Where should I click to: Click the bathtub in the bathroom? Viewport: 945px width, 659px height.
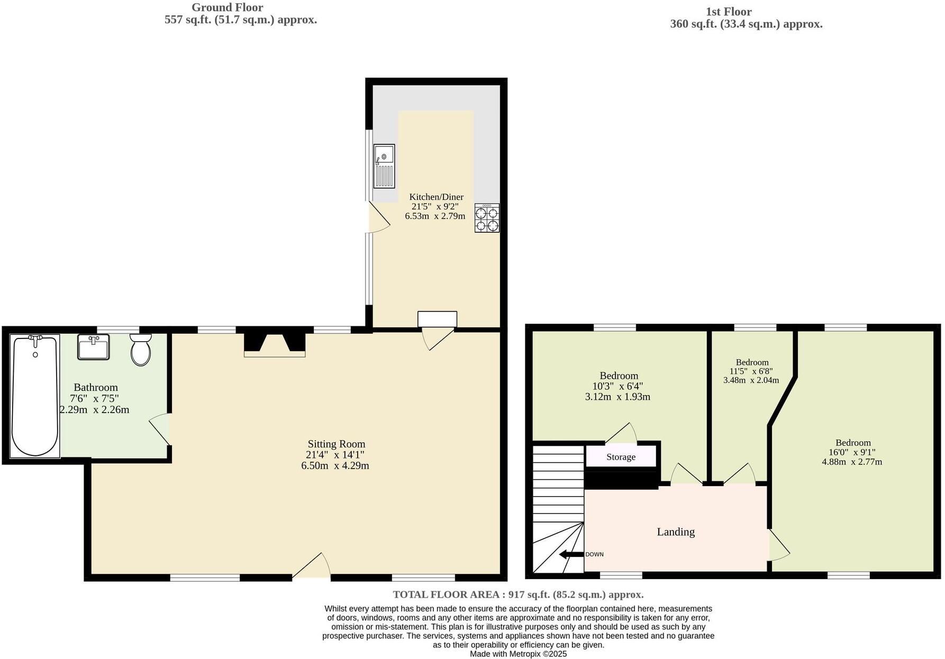click(x=35, y=396)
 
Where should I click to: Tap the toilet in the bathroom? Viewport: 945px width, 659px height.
click(x=141, y=350)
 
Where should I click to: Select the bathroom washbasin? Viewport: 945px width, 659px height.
click(x=94, y=347)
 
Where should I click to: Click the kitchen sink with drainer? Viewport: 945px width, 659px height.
click(x=384, y=166)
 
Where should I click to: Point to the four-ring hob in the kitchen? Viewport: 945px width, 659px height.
click(x=487, y=218)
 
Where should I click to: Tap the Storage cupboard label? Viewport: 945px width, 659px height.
click(x=621, y=457)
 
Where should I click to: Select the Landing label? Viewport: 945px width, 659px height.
click(x=676, y=532)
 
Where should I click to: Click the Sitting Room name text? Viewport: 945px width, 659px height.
click(x=337, y=444)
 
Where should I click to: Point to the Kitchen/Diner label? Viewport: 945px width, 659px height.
click(x=436, y=197)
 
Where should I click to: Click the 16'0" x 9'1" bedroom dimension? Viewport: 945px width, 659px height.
click(x=852, y=452)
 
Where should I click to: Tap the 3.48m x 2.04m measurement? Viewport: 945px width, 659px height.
click(x=751, y=380)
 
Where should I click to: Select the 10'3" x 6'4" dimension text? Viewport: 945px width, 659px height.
click(x=617, y=386)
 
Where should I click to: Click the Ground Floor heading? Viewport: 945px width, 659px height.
click(x=227, y=7)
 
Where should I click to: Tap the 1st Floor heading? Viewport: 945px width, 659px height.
click(x=728, y=12)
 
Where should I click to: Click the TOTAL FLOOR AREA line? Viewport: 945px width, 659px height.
click(x=518, y=594)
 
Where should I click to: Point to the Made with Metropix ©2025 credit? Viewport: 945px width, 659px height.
click(x=518, y=654)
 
